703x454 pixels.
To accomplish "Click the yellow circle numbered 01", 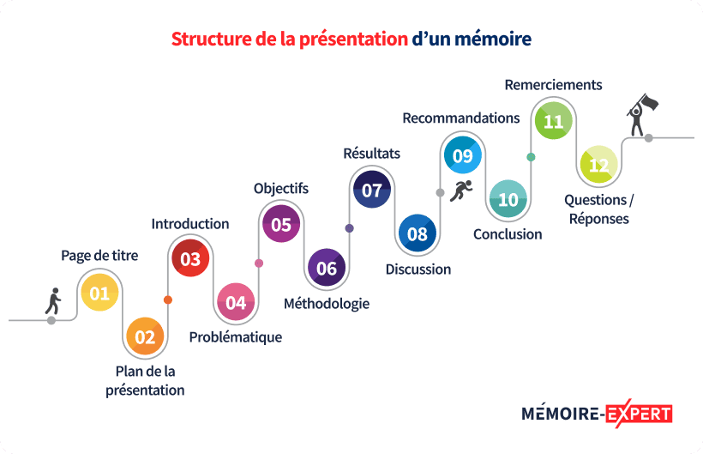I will click(99, 294).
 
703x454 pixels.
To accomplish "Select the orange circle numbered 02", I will click(145, 337).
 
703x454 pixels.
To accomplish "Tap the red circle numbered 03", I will click(190, 258).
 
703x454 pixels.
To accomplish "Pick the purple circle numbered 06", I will click(327, 269).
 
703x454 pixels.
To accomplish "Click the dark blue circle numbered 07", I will click(372, 190).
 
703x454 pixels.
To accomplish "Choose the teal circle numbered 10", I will click(508, 200).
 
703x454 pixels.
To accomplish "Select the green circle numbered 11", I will click(554, 121).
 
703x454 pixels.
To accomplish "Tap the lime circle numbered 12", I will click(599, 165).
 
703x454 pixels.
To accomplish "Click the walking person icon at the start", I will click(53, 301).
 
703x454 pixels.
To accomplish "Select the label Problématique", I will click(235, 337).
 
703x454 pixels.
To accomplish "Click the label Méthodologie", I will click(327, 303).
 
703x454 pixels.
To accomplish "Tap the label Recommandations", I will click(461, 118).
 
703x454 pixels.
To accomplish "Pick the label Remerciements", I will click(553, 85).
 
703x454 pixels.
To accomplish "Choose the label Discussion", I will click(418, 269).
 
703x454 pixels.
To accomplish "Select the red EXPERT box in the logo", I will click(639, 413).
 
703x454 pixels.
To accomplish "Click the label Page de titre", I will click(99, 255).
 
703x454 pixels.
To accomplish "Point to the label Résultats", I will click(371, 154).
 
